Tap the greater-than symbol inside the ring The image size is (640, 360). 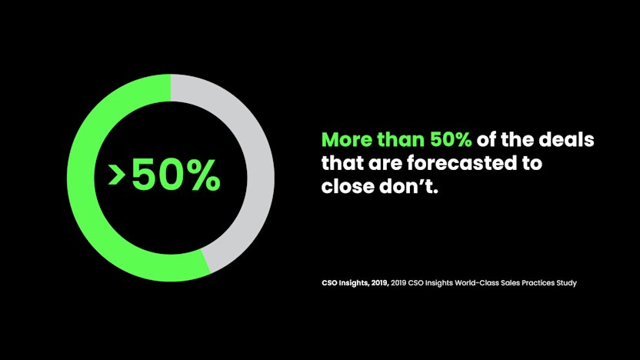(117, 176)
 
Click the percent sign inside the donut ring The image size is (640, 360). (202, 176)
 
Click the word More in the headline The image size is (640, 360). (346, 141)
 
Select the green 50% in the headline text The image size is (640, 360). (451, 141)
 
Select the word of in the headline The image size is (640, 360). (492, 141)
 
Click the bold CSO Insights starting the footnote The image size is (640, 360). (343, 283)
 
